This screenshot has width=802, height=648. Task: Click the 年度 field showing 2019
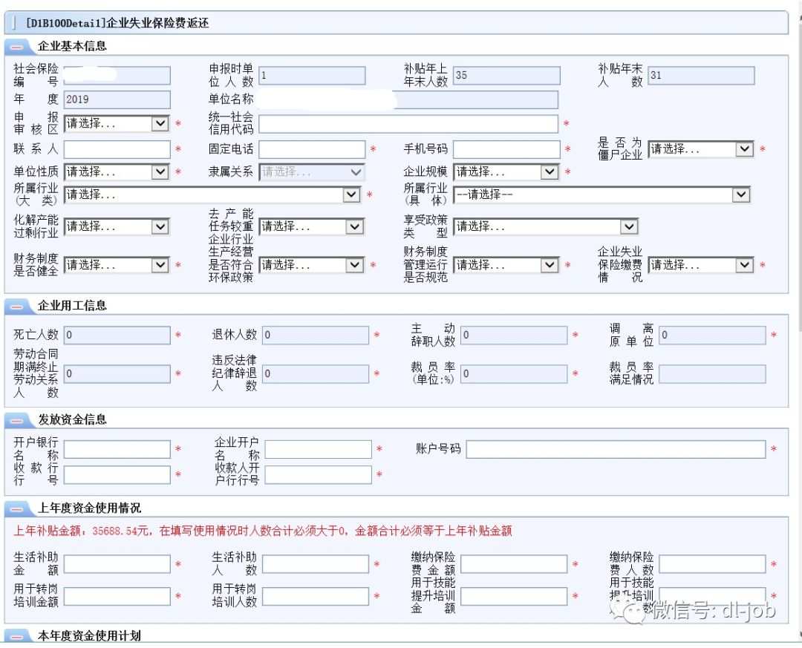(117, 99)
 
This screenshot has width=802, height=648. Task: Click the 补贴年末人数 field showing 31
(700, 76)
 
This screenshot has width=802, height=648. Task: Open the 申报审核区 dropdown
(117, 124)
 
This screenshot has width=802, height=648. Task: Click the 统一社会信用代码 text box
(408, 124)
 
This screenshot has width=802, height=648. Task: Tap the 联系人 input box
(117, 149)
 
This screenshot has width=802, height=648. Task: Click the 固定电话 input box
(312, 149)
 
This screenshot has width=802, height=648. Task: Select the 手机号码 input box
(506, 149)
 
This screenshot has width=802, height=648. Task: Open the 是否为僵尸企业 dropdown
(700, 149)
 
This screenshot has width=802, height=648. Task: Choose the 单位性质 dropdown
(117, 171)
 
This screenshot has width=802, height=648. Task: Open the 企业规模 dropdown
(506, 171)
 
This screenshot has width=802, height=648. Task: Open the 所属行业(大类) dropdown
(212, 194)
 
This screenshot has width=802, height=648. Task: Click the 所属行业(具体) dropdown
(601, 194)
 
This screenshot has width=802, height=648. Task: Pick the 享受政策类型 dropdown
(546, 226)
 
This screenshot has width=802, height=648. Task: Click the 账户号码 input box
(616, 449)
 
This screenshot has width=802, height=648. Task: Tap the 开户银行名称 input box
(117, 449)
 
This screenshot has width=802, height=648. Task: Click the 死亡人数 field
(117, 336)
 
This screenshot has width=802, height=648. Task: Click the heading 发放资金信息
(73, 420)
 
